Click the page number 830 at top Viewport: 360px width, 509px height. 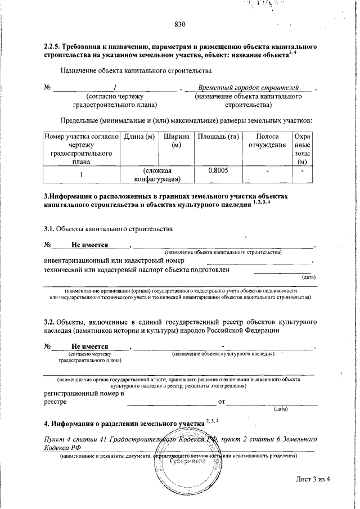[180, 24]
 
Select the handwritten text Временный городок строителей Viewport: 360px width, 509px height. [247, 88]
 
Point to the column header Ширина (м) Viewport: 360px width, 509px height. [176, 141]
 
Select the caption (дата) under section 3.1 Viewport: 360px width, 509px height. [308, 277]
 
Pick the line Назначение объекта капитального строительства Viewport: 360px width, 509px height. [136, 71]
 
